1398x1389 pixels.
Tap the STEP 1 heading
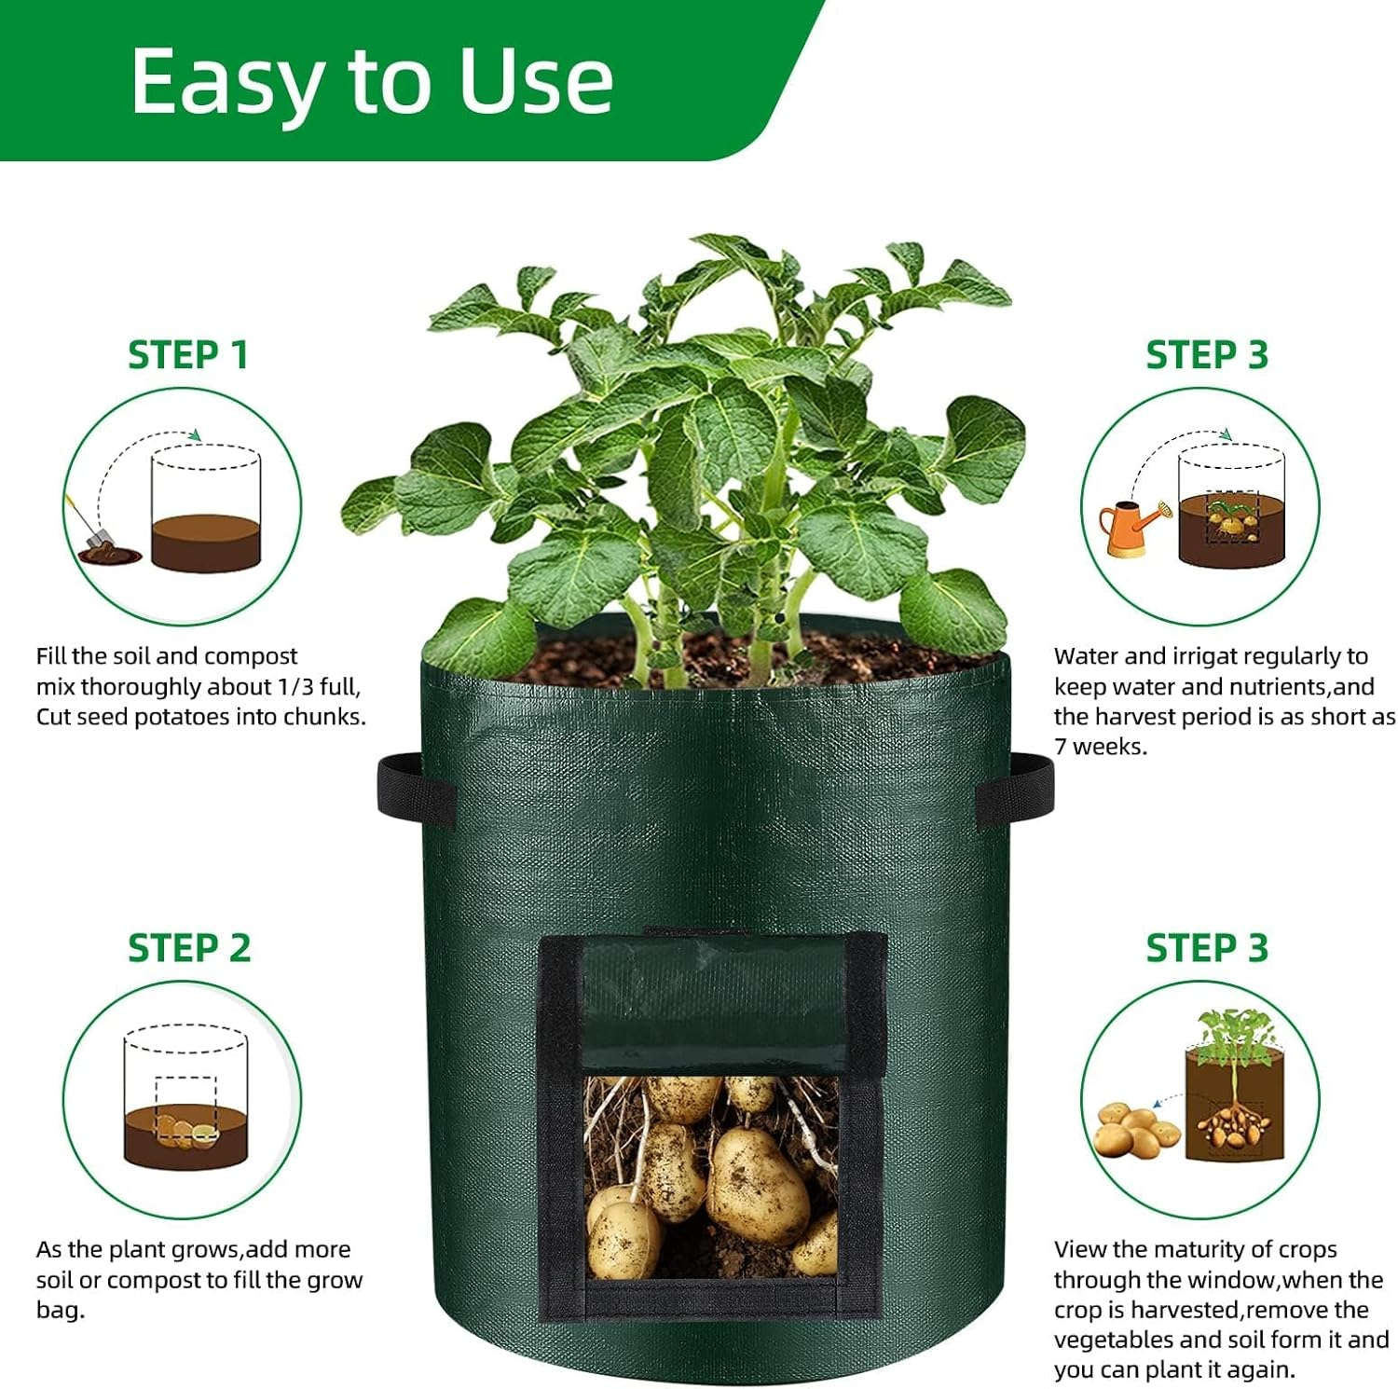(187, 355)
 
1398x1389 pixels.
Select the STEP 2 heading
(189, 948)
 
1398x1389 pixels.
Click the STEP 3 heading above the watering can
(1206, 355)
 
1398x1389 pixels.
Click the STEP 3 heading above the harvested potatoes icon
(1206, 948)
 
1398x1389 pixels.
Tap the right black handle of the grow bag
(1016, 781)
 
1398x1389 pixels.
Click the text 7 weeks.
(1100, 747)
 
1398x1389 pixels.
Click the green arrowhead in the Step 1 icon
(195, 435)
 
